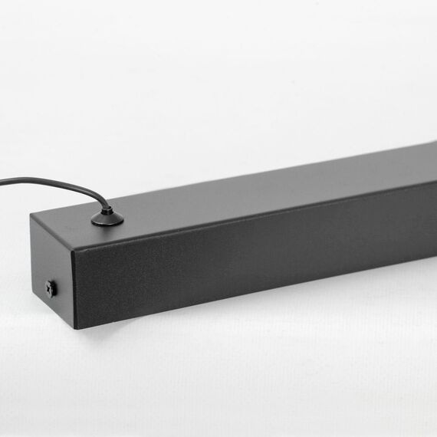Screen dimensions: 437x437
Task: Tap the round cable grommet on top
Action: click(x=107, y=219)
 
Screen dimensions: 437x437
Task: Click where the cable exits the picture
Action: click(x=2, y=182)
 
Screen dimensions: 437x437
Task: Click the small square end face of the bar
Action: click(x=52, y=268)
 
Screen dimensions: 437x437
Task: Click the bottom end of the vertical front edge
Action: click(x=75, y=328)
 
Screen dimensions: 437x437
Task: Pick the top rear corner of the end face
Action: click(x=31, y=215)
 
